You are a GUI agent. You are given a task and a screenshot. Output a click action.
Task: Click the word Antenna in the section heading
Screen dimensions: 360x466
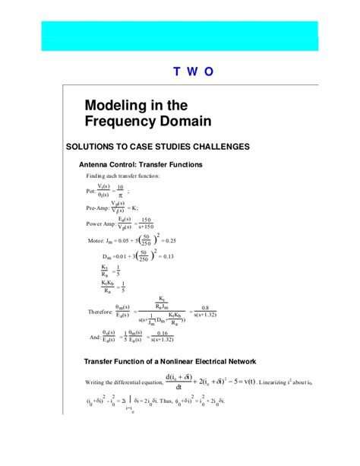click(99, 164)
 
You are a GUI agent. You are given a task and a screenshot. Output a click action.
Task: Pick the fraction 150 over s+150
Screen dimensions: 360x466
click(147, 223)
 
